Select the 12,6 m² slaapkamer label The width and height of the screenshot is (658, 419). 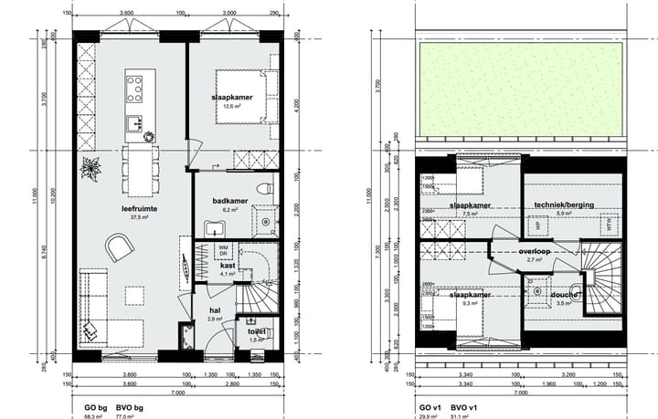point(225,98)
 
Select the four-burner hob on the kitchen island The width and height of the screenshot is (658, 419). point(134,89)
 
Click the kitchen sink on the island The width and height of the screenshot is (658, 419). point(134,122)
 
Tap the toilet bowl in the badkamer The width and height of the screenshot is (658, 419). point(264,190)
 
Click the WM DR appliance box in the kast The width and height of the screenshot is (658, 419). point(222,250)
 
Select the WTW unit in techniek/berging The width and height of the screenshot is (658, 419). point(605,222)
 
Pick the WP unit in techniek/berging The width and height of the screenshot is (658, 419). point(538,224)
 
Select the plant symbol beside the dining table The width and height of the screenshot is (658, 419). point(90,169)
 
